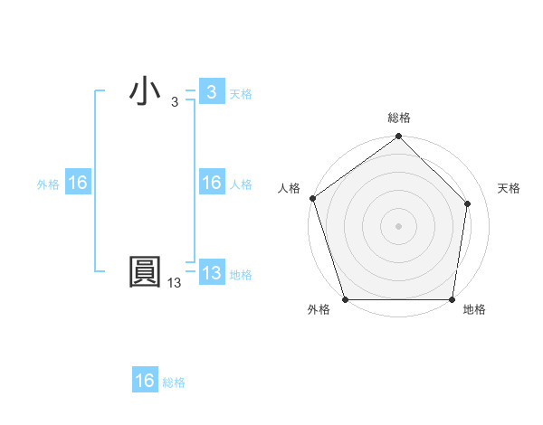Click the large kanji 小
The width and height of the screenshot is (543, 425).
click(x=145, y=92)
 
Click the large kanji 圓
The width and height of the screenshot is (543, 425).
click(x=145, y=273)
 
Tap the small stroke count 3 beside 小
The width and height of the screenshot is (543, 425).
click(x=175, y=102)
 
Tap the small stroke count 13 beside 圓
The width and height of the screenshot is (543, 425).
click(x=175, y=283)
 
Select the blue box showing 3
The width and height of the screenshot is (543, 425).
click(x=211, y=92)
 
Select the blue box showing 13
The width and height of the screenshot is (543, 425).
click(x=211, y=273)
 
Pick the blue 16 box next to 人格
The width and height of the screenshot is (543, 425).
click(x=211, y=183)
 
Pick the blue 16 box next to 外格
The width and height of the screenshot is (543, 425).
click(x=77, y=183)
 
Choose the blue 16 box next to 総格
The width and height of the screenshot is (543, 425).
click(x=145, y=381)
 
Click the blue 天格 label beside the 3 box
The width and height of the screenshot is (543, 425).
click(x=241, y=94)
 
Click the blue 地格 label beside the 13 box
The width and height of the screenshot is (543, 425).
click(x=241, y=275)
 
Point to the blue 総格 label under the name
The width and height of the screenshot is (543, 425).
click(x=174, y=382)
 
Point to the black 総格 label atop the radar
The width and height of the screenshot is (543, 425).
click(x=399, y=118)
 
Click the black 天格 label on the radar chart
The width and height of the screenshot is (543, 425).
click(x=509, y=188)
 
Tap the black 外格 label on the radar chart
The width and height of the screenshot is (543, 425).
click(x=319, y=310)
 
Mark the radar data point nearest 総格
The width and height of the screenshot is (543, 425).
click(x=399, y=137)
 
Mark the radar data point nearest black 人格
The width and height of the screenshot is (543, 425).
click(x=312, y=198)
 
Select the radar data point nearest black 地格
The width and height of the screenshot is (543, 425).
click(x=452, y=299)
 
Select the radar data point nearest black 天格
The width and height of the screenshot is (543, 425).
click(x=468, y=203)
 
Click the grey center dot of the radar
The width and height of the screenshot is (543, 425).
click(x=399, y=225)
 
